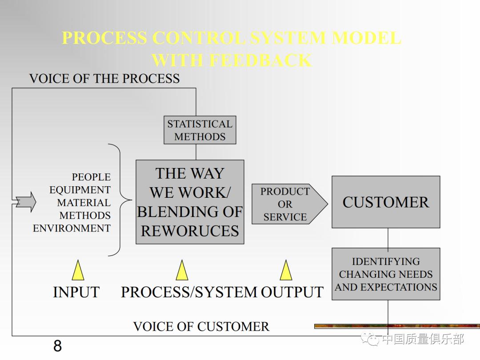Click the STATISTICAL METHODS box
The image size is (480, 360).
200,130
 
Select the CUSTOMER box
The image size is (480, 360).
386,202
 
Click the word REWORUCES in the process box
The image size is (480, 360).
190,231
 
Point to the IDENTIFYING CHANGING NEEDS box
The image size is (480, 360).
386,274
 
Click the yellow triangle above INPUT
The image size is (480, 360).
78,271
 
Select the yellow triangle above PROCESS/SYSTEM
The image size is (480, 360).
182,271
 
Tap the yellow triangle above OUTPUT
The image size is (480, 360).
286,271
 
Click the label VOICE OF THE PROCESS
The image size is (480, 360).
104,79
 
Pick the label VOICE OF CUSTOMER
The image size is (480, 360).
201,327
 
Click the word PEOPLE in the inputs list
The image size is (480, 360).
91,177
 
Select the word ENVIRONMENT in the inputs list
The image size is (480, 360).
72,228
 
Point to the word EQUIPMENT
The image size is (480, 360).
80,190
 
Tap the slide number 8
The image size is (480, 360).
57,346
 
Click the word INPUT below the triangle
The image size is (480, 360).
76,292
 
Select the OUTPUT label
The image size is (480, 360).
292,292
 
